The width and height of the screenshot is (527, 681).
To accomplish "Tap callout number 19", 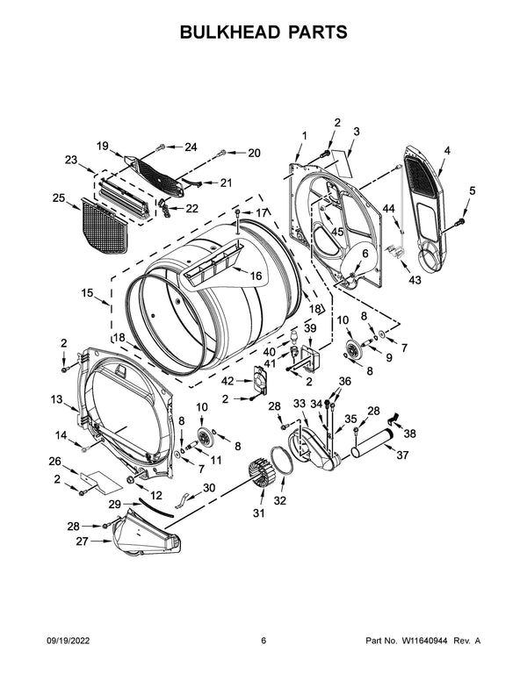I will click(x=102, y=146).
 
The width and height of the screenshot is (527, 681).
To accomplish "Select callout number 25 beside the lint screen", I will click(x=59, y=198).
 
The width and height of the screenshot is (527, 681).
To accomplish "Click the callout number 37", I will click(x=403, y=455).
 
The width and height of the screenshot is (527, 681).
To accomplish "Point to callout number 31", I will click(x=257, y=513).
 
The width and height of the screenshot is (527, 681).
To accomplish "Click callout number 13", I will click(x=57, y=399).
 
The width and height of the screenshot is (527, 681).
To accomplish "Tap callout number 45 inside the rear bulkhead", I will click(x=337, y=232).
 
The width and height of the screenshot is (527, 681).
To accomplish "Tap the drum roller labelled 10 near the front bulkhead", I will click(x=205, y=438).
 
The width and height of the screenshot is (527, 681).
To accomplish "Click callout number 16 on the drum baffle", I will click(x=256, y=276).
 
